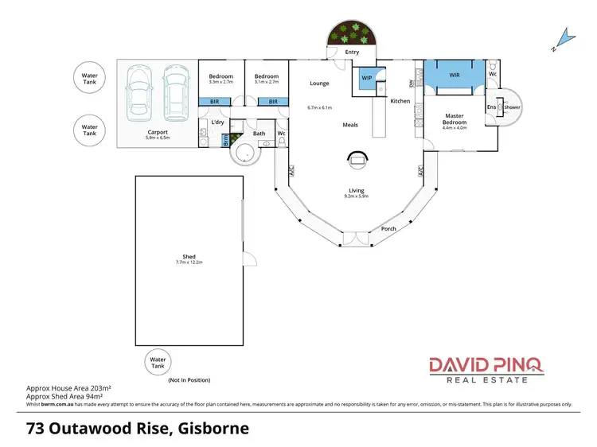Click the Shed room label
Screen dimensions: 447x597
(x=189, y=256)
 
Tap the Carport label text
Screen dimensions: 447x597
(x=156, y=132)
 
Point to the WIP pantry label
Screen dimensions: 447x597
(x=367, y=78)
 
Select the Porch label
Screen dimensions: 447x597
(x=389, y=228)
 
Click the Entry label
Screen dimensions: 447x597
(x=353, y=52)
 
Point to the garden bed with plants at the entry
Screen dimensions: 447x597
(x=351, y=33)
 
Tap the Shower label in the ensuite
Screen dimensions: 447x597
(x=512, y=107)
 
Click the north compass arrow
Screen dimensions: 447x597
(x=564, y=37)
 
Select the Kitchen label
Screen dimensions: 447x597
(x=400, y=101)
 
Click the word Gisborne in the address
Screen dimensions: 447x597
(x=213, y=430)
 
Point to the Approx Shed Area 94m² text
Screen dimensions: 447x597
(x=68, y=395)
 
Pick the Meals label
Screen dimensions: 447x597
(x=350, y=125)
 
